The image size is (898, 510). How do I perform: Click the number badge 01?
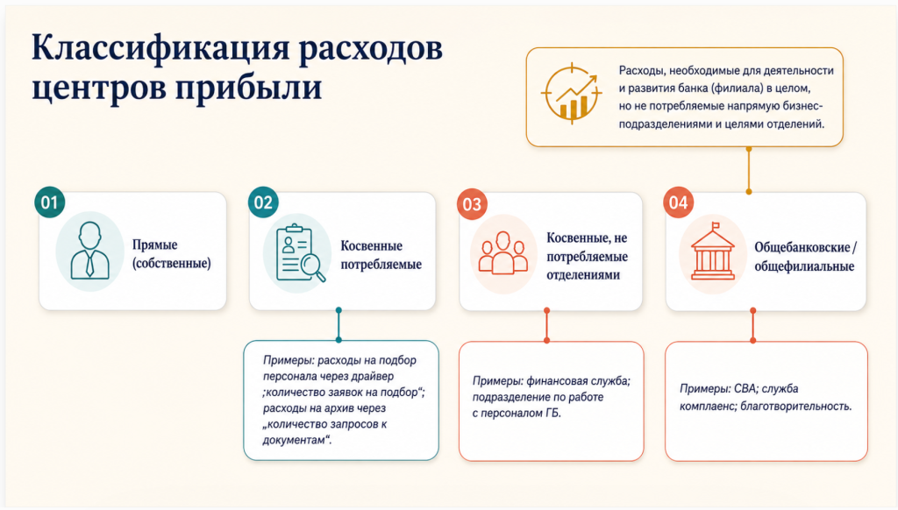49,202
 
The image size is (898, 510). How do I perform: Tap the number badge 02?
263,202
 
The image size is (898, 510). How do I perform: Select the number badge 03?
472,204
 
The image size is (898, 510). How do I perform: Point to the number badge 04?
678,202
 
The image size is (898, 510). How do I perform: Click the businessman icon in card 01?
90,250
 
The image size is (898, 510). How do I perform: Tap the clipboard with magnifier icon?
300,252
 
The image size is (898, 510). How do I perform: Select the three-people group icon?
502,252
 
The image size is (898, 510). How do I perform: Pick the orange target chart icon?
572,93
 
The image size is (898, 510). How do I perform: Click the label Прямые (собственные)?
172,253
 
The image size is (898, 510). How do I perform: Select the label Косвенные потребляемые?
381,255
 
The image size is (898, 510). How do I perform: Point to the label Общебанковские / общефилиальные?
805,257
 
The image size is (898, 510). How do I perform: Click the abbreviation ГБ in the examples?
552,414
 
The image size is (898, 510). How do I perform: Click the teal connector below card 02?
339,325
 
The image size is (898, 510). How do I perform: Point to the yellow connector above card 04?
749,171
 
